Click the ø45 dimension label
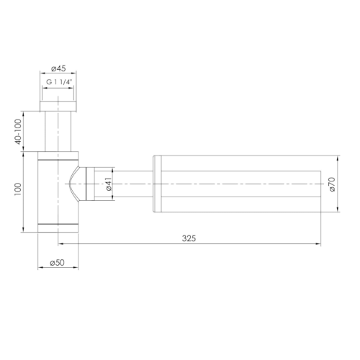(x=58, y=68)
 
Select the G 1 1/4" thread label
(x=58, y=83)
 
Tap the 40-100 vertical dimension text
(x=18, y=131)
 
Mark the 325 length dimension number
(x=189, y=238)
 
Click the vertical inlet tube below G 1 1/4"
(x=58, y=130)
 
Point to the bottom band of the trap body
(x=58, y=228)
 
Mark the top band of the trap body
(x=58, y=155)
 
